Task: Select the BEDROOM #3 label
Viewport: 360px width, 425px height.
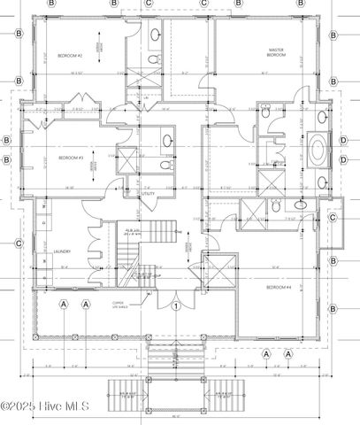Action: point(71,158)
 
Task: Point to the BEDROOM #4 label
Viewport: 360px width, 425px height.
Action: point(280,288)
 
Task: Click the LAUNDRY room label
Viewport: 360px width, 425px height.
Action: point(61,251)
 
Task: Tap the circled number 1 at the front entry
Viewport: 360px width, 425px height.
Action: point(176,306)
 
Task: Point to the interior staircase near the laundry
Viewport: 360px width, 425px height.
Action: point(159,234)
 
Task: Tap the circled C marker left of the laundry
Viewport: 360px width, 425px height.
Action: point(18,243)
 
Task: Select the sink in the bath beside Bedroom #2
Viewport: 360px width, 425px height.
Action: point(155,35)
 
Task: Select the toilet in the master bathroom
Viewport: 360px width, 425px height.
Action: point(267,115)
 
